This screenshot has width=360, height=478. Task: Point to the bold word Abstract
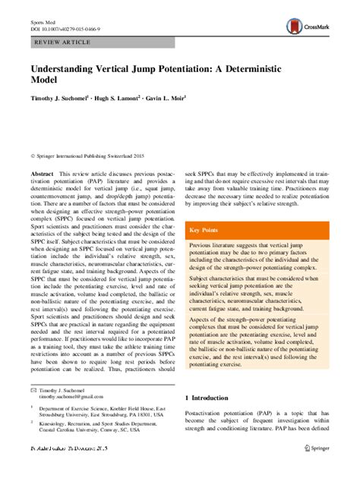click(42, 175)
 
